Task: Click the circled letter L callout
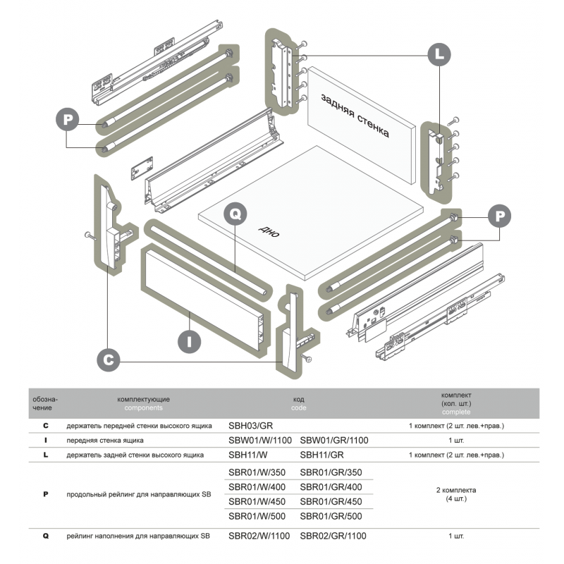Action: tap(439, 53)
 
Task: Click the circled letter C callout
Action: tap(107, 359)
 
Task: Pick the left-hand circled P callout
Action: tap(68, 119)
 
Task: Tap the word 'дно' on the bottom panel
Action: tap(268, 232)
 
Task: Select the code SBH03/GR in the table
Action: tap(251, 427)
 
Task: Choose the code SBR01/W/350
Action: tap(255, 472)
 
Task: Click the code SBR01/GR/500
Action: tap(331, 517)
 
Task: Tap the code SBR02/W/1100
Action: tap(259, 537)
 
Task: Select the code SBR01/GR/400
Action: tap(331, 487)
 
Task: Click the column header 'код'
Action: tap(299, 399)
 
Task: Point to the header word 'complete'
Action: tap(455, 412)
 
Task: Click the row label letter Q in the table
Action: tap(46, 537)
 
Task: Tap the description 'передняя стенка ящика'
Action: tap(106, 441)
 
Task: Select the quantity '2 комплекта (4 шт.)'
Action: tap(456, 494)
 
